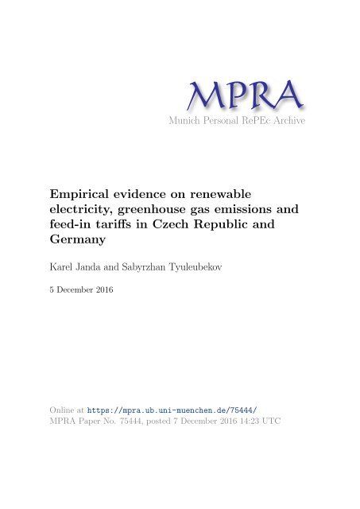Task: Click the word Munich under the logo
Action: (204, 120)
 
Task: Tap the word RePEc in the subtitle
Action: (274, 120)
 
